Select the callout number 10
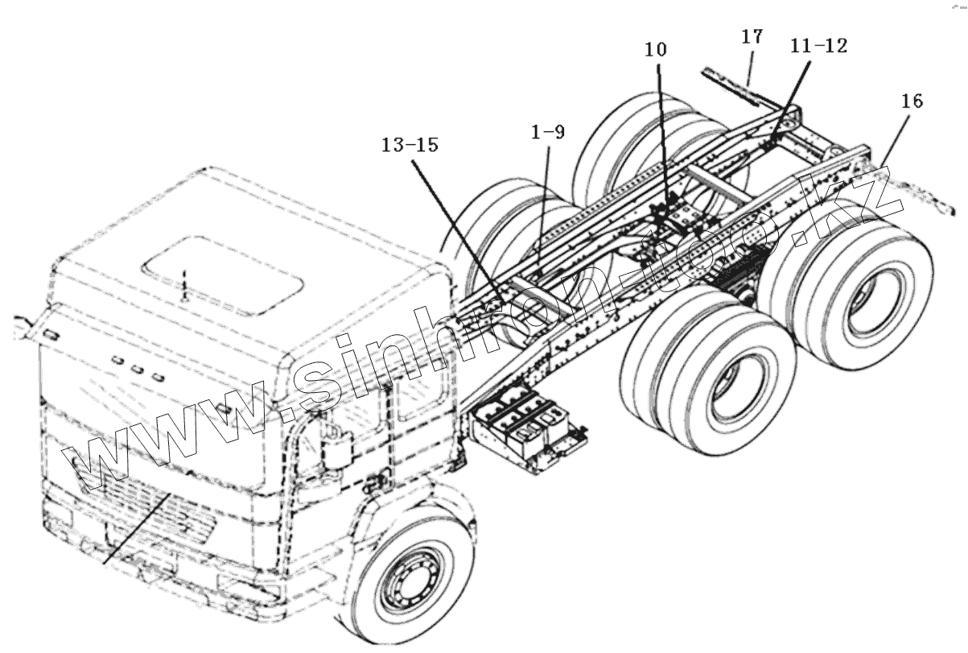pos(655,49)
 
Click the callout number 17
pos(752,37)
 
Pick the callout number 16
pos(912,101)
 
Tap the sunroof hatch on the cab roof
pos(223,271)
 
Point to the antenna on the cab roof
pos(184,286)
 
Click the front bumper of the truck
pos(161,568)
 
